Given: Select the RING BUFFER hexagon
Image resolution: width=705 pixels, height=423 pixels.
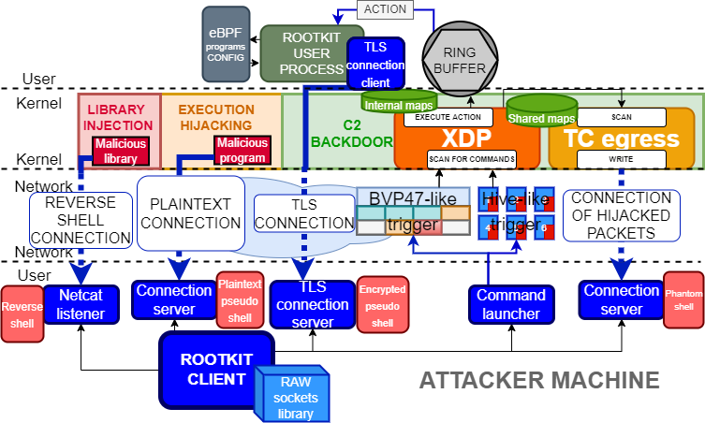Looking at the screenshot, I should pyautogui.click(x=465, y=55).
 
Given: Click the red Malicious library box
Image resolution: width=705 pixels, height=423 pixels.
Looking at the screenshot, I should pyautogui.click(x=115, y=152).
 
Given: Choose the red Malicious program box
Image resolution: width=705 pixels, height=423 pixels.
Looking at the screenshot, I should pyautogui.click(x=242, y=151).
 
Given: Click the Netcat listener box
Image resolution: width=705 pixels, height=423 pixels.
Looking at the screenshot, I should pyautogui.click(x=81, y=302).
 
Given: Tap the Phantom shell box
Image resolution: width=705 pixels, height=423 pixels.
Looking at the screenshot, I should pyautogui.click(x=683, y=299).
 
